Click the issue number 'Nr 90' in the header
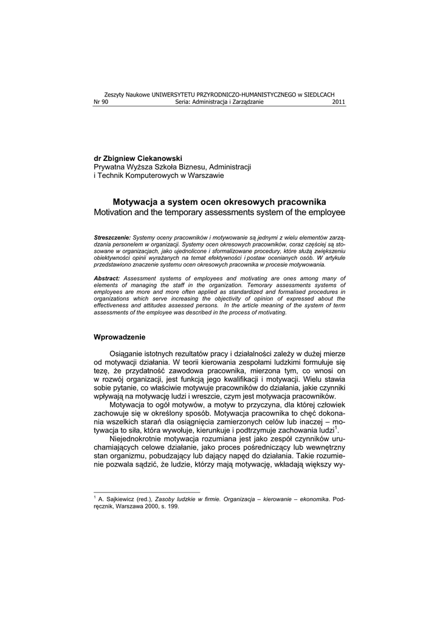(101, 102)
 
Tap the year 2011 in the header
(339, 102)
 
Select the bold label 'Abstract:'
(107, 278)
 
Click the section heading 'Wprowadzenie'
(119, 337)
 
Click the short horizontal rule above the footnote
(146, 492)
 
